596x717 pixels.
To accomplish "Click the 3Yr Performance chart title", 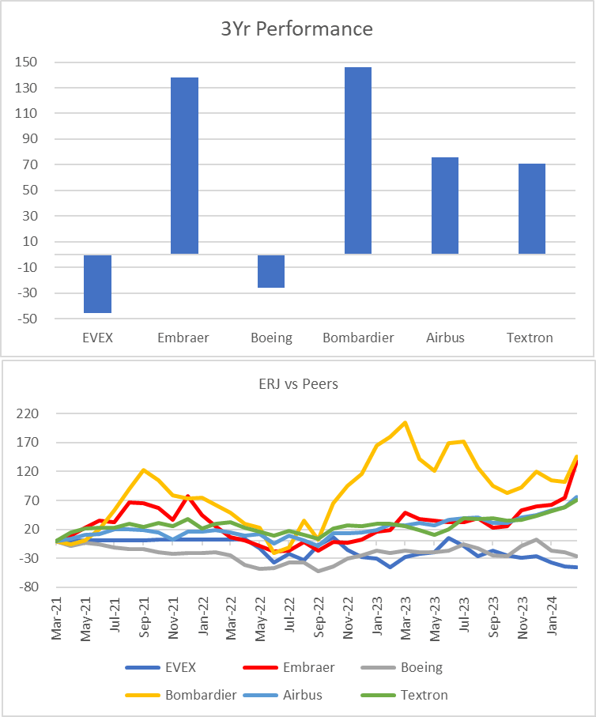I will pyautogui.click(x=296, y=29).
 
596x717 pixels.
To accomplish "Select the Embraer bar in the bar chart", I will pyautogui.click(x=184, y=165).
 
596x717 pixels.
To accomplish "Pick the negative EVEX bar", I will pyautogui.click(x=97, y=284).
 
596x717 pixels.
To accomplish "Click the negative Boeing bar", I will pyautogui.click(x=271, y=271).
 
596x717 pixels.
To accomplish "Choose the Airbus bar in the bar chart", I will pyautogui.click(x=444, y=206).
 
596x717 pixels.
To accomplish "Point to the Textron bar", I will pyautogui.click(x=531, y=209).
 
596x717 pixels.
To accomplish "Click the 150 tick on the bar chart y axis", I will pyautogui.click(x=37, y=62).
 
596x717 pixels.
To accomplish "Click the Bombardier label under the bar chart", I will pyautogui.click(x=358, y=338).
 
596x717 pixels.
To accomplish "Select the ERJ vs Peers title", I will pyautogui.click(x=297, y=385).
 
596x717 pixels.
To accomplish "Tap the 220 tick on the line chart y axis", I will pyautogui.click(x=37, y=413).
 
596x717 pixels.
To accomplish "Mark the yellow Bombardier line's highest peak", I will pyautogui.click(x=406, y=422).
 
